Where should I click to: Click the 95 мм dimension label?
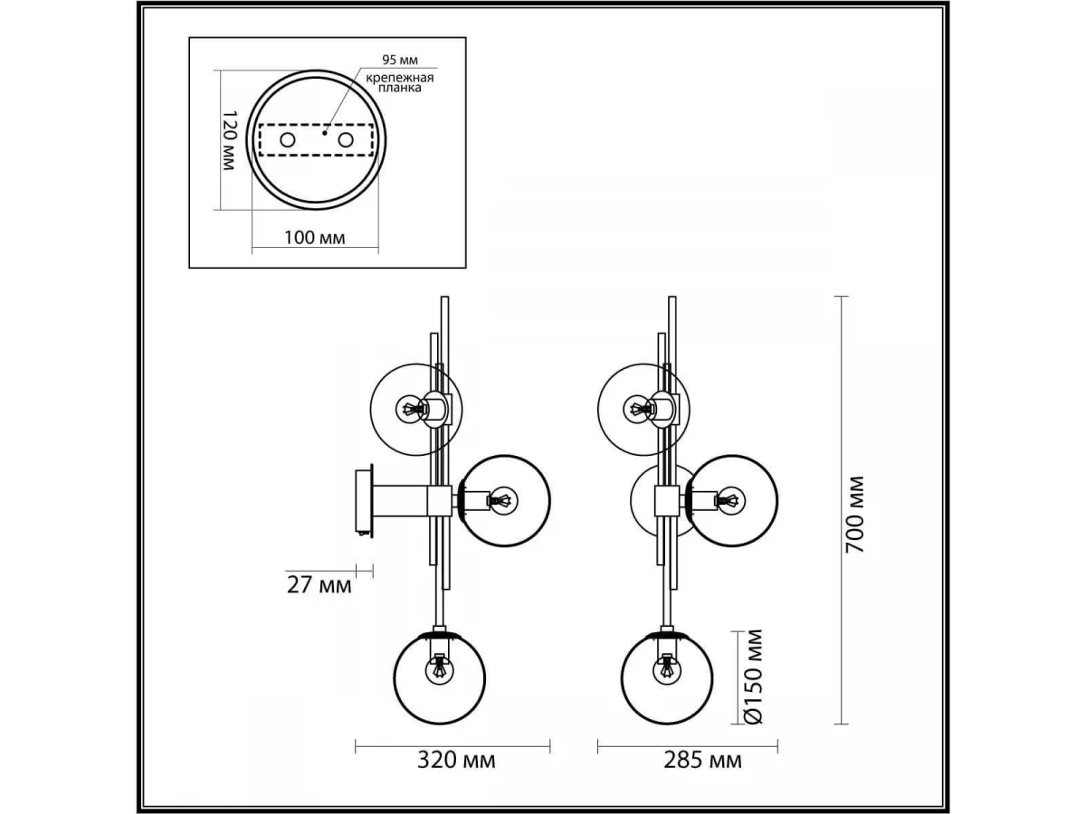[x=400, y=61]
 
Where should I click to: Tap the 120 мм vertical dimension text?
[x=228, y=140]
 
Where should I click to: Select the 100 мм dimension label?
[x=315, y=238]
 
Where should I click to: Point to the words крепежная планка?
[x=400, y=82]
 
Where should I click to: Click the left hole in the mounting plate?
[x=287, y=140]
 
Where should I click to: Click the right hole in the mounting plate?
[x=346, y=140]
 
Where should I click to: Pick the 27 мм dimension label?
[x=319, y=585]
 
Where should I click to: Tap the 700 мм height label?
[x=854, y=515]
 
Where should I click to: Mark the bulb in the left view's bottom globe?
[x=439, y=670]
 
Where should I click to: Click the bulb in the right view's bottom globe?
[x=666, y=670]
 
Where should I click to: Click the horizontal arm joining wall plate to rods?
[x=400, y=501]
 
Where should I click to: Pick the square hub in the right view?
[x=666, y=501]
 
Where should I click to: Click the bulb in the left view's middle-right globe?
[x=502, y=501]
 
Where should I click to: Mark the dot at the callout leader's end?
[x=325, y=132]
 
